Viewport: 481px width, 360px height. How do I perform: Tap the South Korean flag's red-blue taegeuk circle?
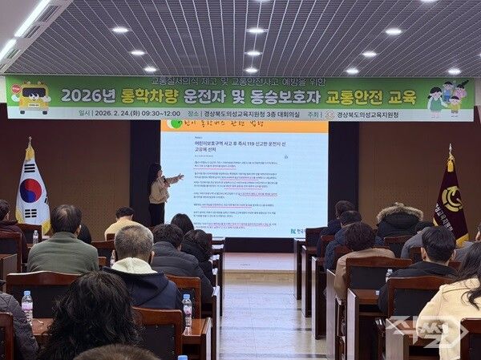(31, 190)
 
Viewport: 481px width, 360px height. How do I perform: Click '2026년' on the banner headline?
(93, 96)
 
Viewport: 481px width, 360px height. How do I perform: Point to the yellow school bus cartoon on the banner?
(33, 97)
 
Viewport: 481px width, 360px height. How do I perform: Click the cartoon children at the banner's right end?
(446, 97)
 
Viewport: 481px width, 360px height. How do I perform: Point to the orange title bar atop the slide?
(244, 125)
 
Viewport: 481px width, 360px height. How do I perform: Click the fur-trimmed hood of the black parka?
(398, 214)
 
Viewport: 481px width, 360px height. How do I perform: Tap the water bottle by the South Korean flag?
(35, 237)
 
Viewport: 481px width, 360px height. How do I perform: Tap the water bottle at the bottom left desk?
(27, 306)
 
